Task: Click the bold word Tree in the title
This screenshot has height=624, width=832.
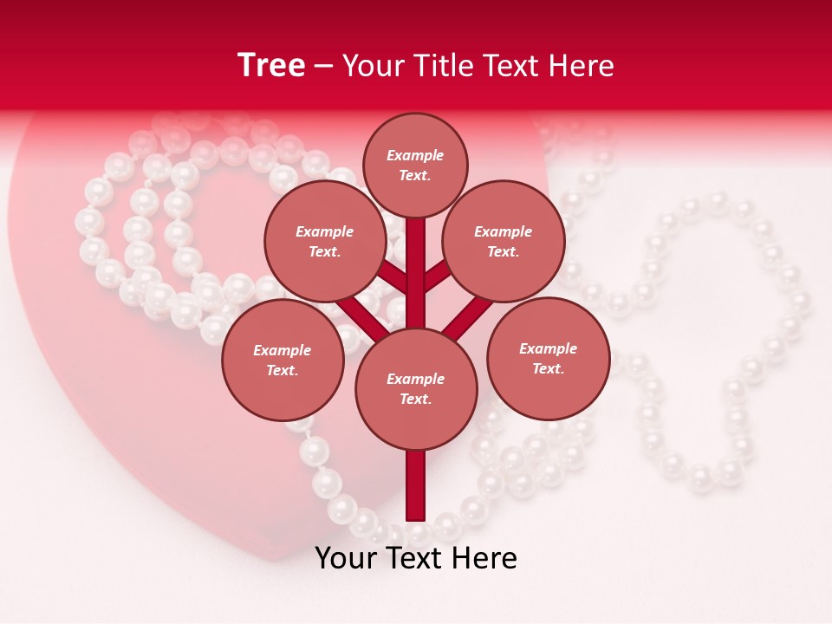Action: coord(271,66)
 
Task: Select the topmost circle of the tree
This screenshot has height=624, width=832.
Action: coord(415,165)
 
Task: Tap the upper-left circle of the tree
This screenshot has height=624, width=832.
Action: coord(324,242)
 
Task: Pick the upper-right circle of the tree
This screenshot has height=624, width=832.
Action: coord(504,242)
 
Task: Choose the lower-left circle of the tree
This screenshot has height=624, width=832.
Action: coord(283,361)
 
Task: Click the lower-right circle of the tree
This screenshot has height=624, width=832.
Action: coord(549,358)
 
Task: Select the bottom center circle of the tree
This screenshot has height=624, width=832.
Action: coord(416,389)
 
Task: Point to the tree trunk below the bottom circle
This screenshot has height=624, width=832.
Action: coord(416,485)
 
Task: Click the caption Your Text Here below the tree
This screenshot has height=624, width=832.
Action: coord(416,558)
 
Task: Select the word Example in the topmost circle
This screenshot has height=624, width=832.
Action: coord(415,155)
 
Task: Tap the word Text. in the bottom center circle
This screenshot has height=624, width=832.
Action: coord(415,400)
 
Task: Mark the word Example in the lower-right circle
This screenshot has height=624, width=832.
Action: coord(548,348)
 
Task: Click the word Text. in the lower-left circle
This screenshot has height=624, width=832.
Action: coord(282,371)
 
